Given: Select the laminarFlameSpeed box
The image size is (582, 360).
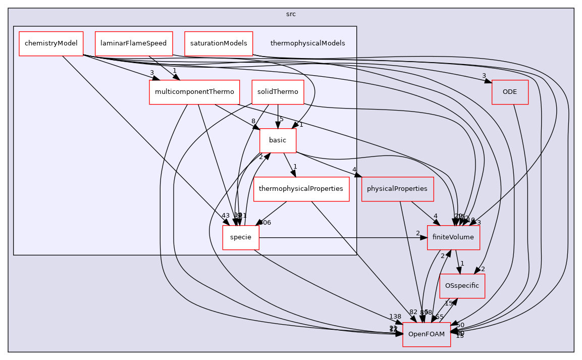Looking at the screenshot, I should point(134,43).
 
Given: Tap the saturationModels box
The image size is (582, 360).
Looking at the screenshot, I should point(218,43).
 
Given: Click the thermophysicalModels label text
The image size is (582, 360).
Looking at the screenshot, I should point(307,43).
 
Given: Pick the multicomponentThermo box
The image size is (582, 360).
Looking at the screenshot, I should point(194,92).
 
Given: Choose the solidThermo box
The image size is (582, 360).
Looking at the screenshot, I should point(278,92).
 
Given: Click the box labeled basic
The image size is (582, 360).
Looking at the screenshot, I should point(278,140).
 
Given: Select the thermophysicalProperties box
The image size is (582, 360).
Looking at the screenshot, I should point(301,189).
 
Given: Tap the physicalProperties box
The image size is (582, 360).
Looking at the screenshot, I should point(397,189).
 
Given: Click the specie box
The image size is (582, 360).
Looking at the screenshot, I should point(241,237).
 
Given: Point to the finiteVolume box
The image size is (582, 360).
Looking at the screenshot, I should point(453,237).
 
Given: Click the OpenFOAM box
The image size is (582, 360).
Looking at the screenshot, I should point(426,334).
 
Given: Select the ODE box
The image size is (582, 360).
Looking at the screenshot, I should point(510,92).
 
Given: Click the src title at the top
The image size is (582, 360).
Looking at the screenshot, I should point(291,14).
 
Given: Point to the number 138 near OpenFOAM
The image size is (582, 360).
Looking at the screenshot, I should point(394,317).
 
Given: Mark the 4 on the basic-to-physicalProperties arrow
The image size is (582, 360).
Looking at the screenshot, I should point(355,170).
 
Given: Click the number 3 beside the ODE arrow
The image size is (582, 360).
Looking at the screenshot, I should point(484,76).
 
